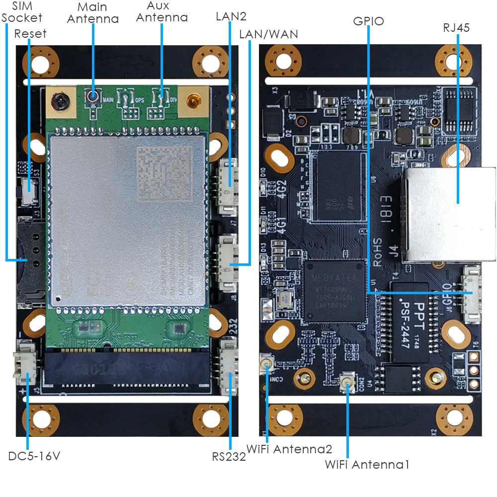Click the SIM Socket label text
[22, 12]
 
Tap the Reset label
[30, 34]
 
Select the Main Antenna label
[93, 13]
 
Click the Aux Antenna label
[162, 12]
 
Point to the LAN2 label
[231, 16]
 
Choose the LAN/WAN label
[268, 34]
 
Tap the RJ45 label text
[456, 28]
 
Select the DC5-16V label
[34, 456]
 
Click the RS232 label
[229, 457]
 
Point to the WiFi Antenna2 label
[289, 449]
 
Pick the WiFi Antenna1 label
[367, 465]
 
